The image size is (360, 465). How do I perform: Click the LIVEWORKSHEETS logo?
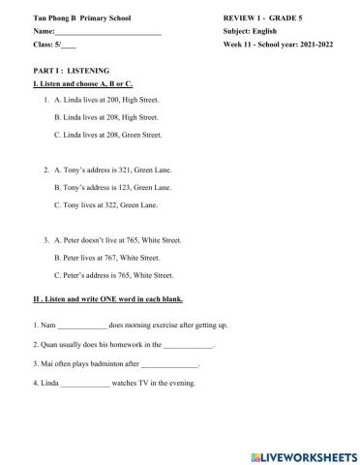[303, 453]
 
